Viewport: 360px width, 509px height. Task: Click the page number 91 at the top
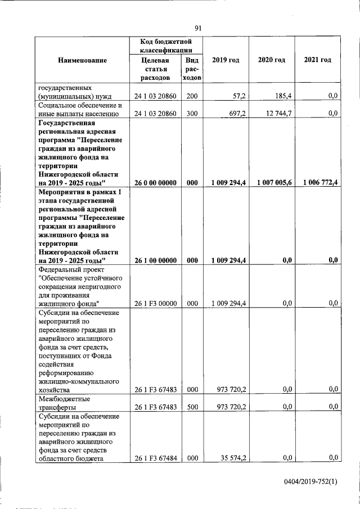(x=198, y=28)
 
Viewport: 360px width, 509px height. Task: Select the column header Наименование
(x=82, y=60)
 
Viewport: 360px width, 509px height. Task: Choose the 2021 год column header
(x=317, y=60)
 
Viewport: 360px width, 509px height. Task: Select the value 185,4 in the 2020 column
(x=281, y=97)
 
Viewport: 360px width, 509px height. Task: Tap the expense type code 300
(x=192, y=114)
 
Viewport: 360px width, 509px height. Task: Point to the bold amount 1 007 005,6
(x=274, y=183)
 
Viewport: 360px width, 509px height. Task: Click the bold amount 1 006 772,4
(x=319, y=183)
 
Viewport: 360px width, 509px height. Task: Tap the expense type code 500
(x=192, y=406)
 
